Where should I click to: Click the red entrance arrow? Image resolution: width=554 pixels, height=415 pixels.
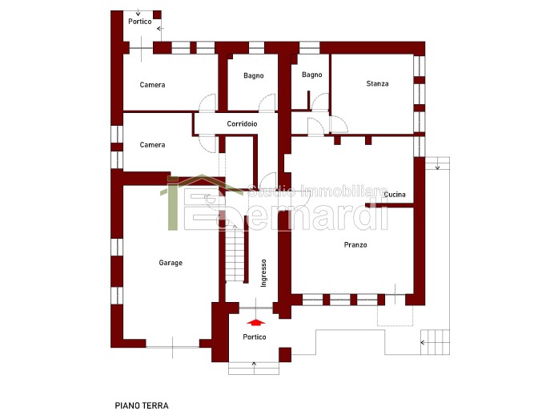[x=256, y=322]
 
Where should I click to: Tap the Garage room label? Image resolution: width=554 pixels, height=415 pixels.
[x=171, y=263]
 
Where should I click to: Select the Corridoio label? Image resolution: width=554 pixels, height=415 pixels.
[x=242, y=123]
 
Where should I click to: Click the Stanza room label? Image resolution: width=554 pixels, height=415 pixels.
[x=377, y=84]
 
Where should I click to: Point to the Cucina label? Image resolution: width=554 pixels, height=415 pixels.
[x=395, y=195]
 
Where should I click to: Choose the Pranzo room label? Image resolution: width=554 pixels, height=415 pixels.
[x=355, y=244]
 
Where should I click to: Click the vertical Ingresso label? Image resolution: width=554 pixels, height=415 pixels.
[x=263, y=273]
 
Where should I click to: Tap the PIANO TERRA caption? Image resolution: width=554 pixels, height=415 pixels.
[x=142, y=405]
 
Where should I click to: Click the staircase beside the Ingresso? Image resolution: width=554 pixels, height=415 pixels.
[x=235, y=253]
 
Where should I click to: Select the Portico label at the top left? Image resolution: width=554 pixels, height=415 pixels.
[x=140, y=21]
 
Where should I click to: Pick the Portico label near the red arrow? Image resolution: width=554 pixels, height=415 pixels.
[x=255, y=336]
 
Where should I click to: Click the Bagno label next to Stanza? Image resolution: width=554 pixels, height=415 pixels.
[x=312, y=75]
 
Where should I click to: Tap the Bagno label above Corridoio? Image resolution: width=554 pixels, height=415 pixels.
[x=254, y=75]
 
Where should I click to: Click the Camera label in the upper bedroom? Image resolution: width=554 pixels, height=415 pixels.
[x=152, y=85]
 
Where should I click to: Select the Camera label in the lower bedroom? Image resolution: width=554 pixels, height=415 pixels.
[x=152, y=145]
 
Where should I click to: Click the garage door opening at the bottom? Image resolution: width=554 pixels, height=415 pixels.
[x=172, y=347]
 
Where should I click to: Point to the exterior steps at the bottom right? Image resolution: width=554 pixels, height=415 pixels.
[x=435, y=342]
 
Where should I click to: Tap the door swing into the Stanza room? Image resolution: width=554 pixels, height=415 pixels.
[x=339, y=124]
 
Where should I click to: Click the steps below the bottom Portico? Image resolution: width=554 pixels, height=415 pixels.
[x=254, y=369]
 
